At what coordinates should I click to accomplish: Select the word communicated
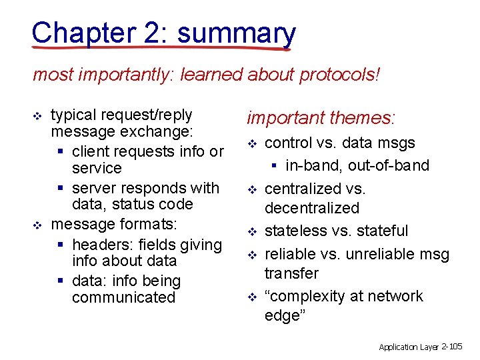(x=123, y=297)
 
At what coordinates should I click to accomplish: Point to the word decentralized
(x=311, y=208)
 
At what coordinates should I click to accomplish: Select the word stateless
(x=293, y=231)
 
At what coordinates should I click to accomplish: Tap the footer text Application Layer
(x=409, y=347)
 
